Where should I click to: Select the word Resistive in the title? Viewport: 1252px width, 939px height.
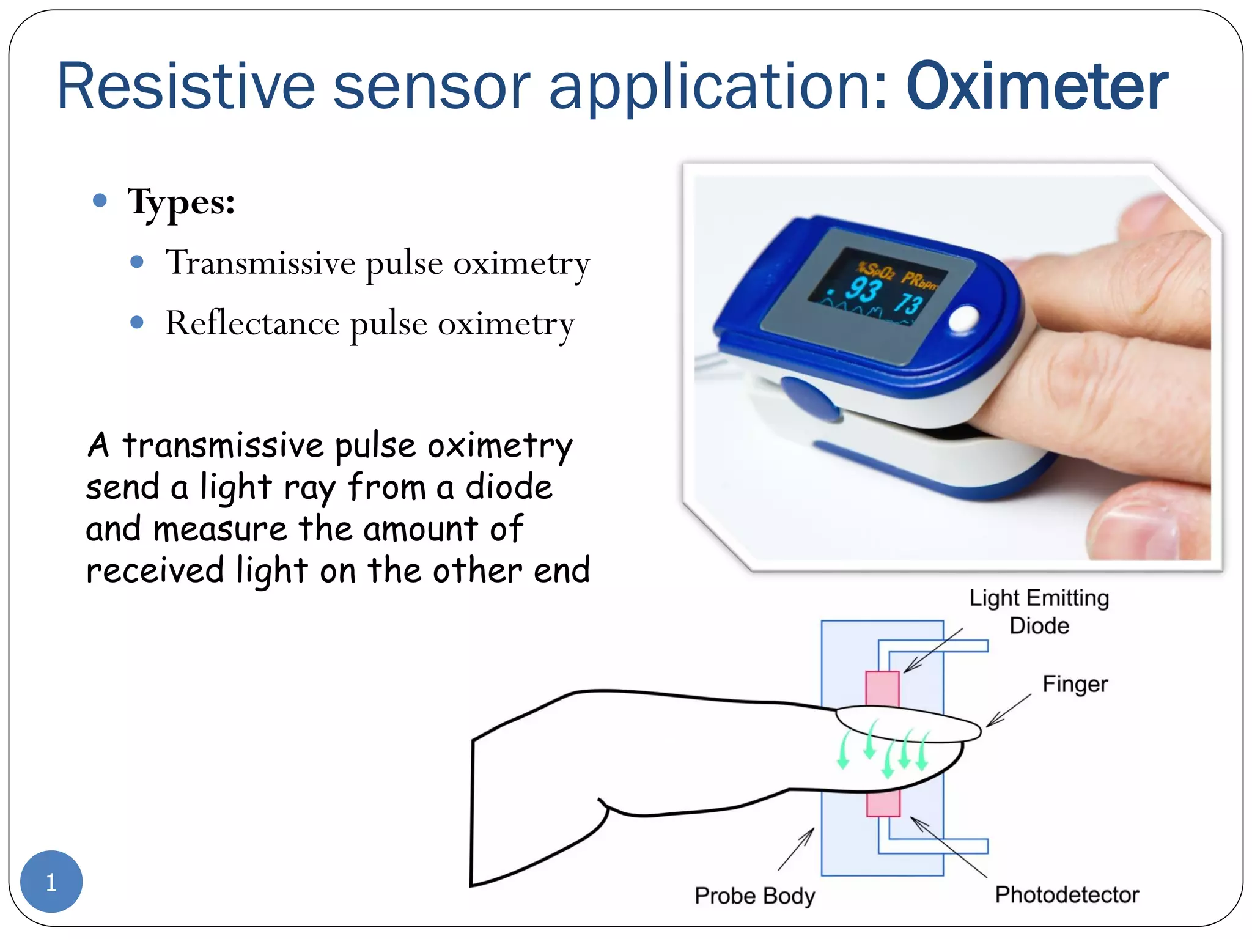coord(185,87)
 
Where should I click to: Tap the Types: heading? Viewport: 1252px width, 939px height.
coord(181,202)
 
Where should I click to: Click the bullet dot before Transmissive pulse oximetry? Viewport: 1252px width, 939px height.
coord(137,262)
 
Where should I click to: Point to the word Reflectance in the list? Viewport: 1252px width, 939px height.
coord(252,323)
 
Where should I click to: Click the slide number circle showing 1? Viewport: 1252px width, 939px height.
coord(51,881)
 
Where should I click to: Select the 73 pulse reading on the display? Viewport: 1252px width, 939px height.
coord(910,303)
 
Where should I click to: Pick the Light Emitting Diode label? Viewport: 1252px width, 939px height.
coord(1039,611)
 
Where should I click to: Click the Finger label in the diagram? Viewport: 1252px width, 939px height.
coord(1075,684)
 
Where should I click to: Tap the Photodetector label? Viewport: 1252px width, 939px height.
coord(1067,894)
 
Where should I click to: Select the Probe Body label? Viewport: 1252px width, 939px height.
coord(754,896)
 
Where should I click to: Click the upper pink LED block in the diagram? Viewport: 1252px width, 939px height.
coord(882,689)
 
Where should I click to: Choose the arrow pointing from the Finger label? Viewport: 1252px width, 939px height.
coord(1009,710)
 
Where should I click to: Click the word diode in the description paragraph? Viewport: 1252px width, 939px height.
coord(509,488)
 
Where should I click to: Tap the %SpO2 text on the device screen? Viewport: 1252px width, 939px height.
coord(875,270)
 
